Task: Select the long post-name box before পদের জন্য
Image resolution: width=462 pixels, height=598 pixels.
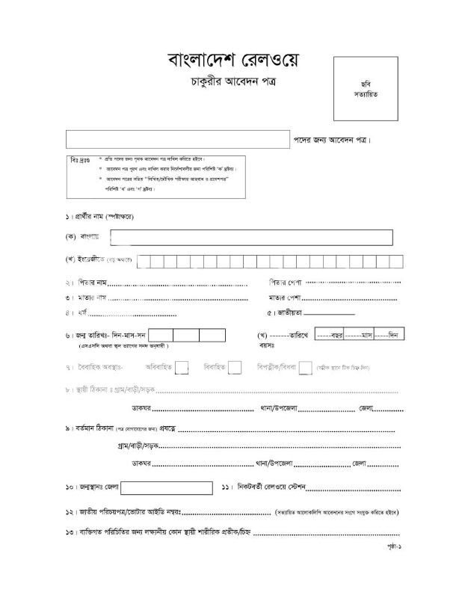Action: (x=177, y=139)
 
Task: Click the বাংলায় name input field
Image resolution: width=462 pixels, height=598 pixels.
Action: (x=251, y=237)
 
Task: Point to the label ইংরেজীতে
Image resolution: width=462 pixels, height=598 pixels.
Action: (x=92, y=259)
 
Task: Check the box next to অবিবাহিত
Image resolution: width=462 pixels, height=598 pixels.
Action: (x=182, y=367)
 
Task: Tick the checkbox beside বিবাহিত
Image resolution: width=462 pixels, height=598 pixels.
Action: (x=235, y=367)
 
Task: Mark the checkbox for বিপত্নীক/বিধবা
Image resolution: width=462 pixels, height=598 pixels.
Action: (x=305, y=367)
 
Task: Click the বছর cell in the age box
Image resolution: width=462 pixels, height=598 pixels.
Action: (x=329, y=335)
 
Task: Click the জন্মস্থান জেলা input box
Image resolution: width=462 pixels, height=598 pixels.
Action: (x=161, y=488)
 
